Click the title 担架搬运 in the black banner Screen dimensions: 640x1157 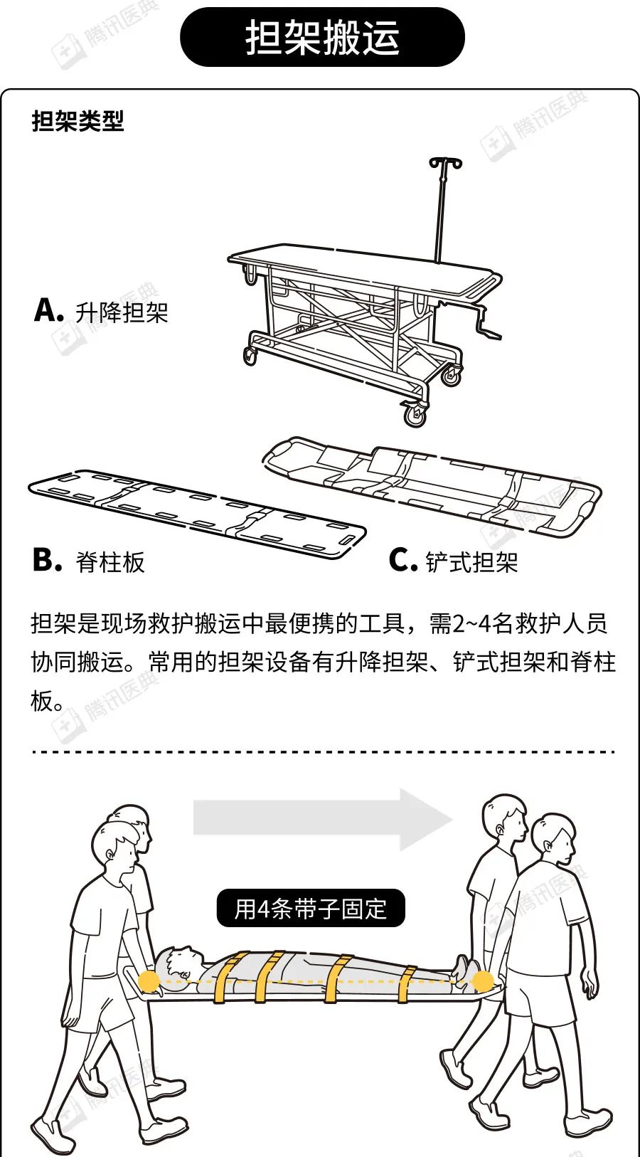(x=322, y=37)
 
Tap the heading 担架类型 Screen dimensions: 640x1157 (x=78, y=122)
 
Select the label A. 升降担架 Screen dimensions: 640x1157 (x=101, y=312)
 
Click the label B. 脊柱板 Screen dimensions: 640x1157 (x=88, y=561)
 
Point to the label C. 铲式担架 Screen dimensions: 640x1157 (x=453, y=561)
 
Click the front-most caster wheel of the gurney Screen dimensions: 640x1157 (x=415, y=415)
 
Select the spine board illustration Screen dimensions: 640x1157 (x=197, y=514)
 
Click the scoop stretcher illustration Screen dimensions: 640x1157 (x=432, y=487)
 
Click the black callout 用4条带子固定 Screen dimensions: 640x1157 (x=311, y=907)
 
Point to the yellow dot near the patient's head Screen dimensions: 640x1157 (x=149, y=980)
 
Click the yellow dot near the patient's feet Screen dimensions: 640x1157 (x=483, y=981)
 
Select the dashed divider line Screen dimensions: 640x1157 (x=323, y=752)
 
